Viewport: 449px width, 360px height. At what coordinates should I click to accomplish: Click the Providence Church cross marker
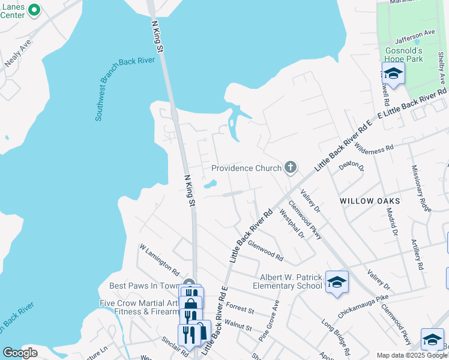[291, 167]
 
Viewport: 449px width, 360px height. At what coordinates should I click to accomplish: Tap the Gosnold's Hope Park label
[404, 55]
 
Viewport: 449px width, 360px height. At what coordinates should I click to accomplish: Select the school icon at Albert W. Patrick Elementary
[337, 281]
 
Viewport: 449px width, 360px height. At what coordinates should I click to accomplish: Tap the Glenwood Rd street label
[265, 250]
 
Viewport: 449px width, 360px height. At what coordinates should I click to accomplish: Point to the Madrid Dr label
[391, 220]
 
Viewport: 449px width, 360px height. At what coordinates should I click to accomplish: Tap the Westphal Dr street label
[292, 224]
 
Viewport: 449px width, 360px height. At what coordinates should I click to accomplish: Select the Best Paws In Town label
[145, 286]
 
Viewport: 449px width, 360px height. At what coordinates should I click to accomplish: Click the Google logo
[20, 353]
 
